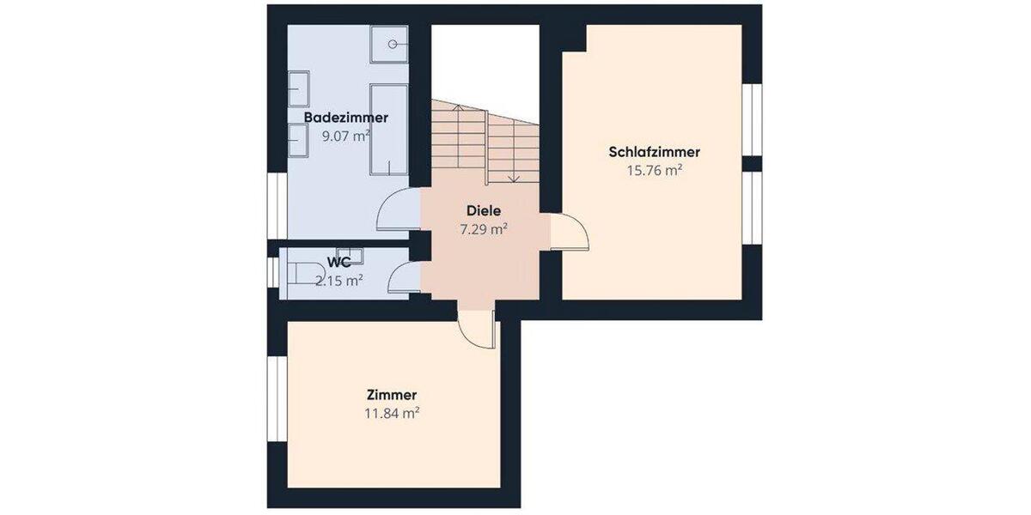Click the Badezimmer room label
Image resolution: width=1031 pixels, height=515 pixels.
click(345, 118)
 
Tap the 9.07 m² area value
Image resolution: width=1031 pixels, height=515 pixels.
click(345, 136)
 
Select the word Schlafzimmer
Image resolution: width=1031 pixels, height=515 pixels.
click(654, 152)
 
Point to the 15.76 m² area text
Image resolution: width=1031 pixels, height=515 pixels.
click(654, 170)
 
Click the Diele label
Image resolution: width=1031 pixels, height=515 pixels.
click(483, 210)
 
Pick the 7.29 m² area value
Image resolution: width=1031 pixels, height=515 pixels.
click(483, 228)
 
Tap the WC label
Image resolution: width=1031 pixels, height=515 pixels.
click(339, 262)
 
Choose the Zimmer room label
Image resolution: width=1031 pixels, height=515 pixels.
click(391, 395)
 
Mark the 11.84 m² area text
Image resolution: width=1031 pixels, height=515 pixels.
click(391, 413)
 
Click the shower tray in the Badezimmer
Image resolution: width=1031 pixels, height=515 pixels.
click(389, 44)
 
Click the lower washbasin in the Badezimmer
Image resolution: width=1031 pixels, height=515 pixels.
click(297, 138)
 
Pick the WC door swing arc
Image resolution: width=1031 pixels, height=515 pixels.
click(400, 278)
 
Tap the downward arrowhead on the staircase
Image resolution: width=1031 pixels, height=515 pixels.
click(513, 179)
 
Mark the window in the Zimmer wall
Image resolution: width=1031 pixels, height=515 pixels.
click(277, 399)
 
